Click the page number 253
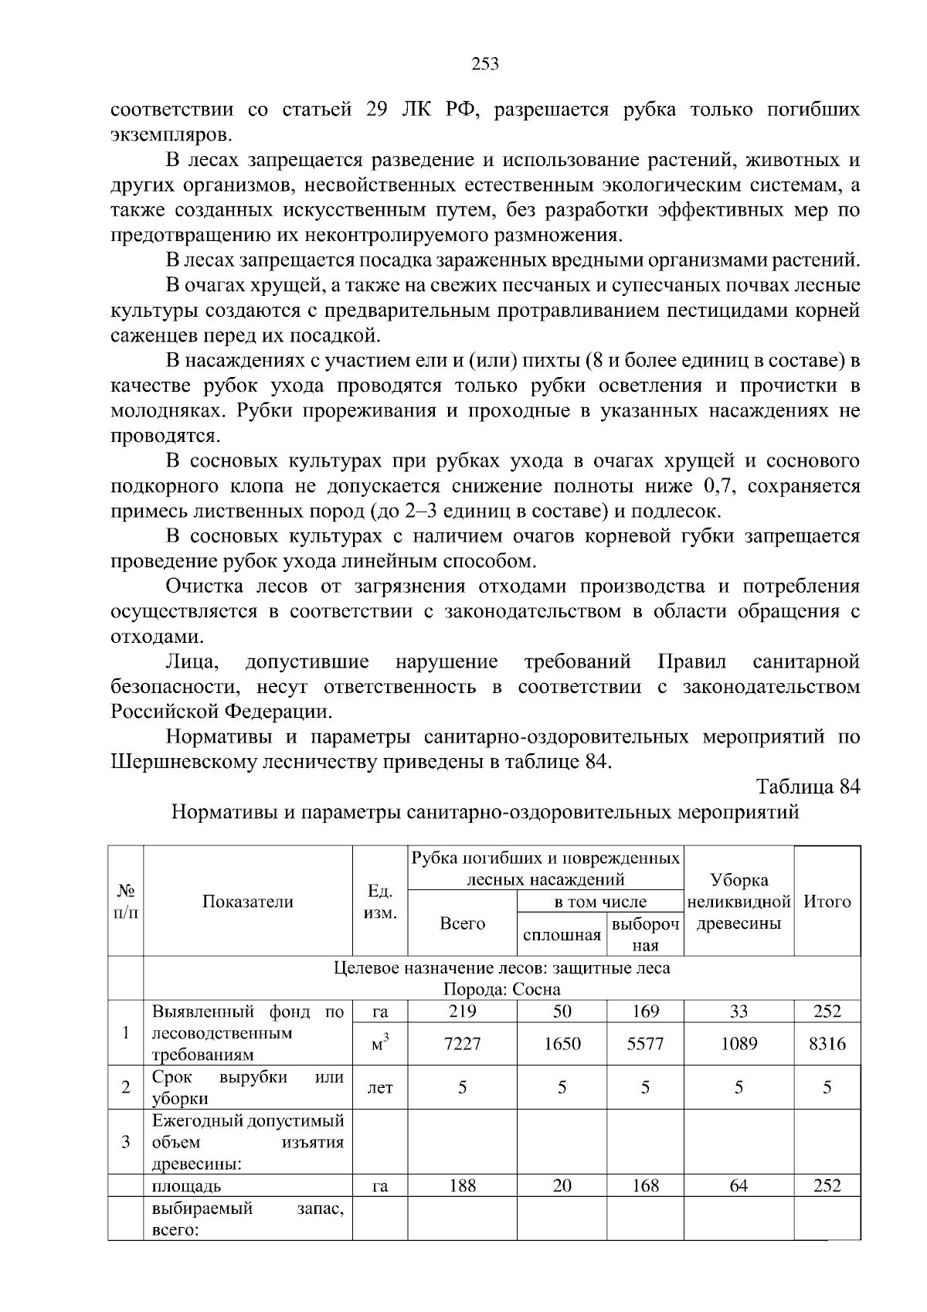point(485,64)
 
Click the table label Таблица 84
point(808,787)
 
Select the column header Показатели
point(248,902)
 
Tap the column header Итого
point(827,902)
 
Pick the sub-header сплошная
point(562,936)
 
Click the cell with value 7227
point(462,1044)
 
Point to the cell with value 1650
point(562,1044)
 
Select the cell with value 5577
point(645,1044)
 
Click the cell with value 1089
point(739,1044)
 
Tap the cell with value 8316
point(827,1044)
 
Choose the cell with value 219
point(462,1011)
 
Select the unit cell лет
point(379,1088)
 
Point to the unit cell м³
point(379,1044)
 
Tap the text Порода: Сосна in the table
point(501,990)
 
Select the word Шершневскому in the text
point(183,762)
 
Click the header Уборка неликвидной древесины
point(739,902)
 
